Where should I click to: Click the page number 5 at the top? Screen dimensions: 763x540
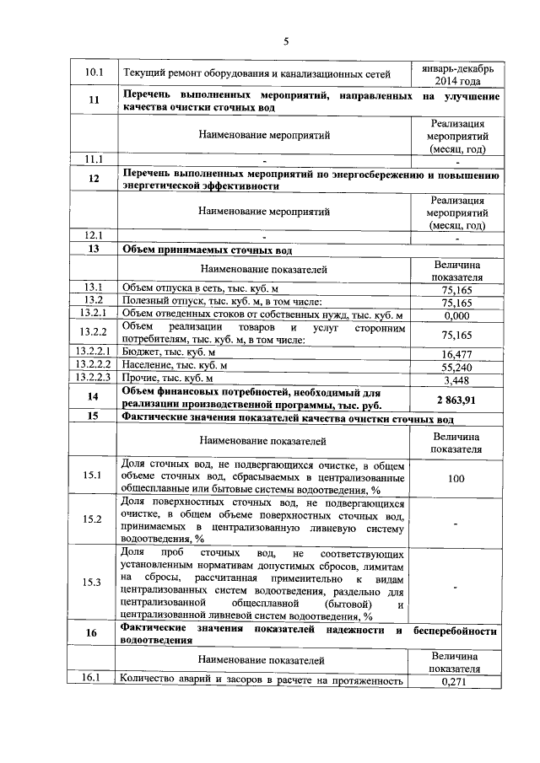286,42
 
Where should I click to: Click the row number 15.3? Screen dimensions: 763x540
94,583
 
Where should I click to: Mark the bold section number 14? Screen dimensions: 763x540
94,397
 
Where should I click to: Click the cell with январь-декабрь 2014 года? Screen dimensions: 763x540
456,73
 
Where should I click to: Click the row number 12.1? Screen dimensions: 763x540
94,236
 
